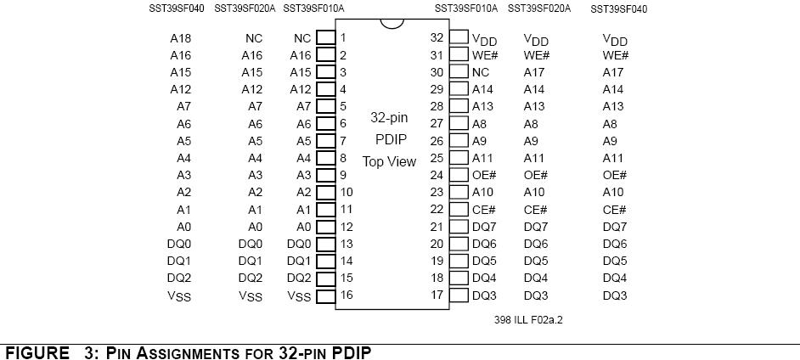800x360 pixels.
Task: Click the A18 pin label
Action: click(181, 38)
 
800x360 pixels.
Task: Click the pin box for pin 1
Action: click(325, 37)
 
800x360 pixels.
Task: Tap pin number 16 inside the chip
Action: click(346, 295)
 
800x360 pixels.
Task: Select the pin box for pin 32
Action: click(459, 37)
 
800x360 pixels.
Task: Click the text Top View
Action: click(389, 162)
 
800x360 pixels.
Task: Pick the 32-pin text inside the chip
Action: click(389, 118)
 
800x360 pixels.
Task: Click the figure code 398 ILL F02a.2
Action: click(528, 320)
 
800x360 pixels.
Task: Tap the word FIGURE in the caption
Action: click(37, 353)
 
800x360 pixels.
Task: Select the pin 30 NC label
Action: click(481, 72)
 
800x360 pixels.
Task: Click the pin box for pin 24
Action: click(459, 175)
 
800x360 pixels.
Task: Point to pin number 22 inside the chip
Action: click(437, 209)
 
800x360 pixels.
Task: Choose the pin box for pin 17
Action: click(459, 295)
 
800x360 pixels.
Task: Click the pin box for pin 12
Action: click(325, 227)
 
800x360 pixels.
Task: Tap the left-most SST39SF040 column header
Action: click(176, 8)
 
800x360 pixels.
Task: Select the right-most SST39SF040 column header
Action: click(619, 9)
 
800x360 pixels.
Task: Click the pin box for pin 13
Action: click(325, 244)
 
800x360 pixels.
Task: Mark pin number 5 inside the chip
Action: click(343, 107)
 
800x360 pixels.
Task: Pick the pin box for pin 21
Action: click(459, 227)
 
